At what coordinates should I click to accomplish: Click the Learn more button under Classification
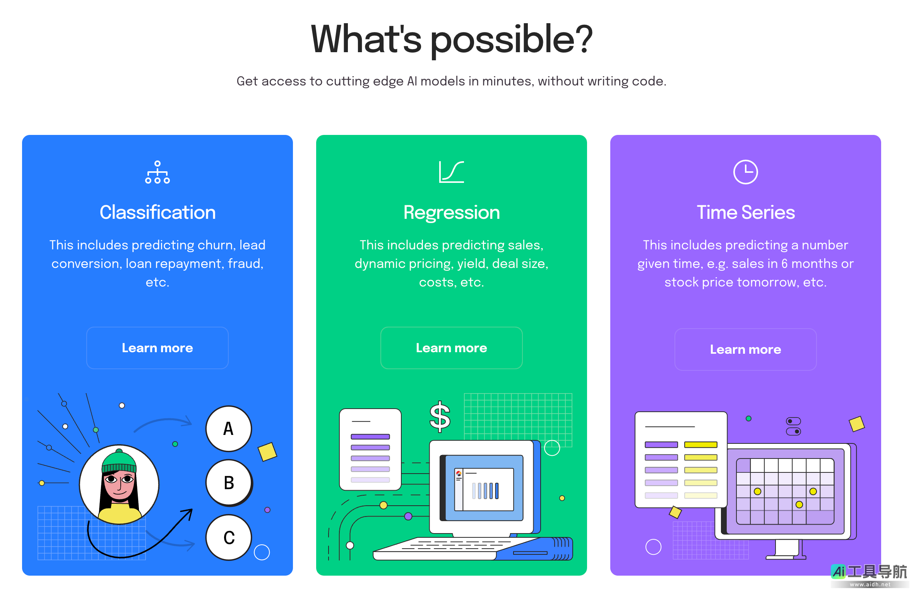[x=157, y=348]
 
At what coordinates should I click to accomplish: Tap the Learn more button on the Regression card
[x=451, y=348]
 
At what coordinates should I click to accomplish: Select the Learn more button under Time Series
[x=745, y=349]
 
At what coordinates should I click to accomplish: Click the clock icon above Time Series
[x=745, y=172]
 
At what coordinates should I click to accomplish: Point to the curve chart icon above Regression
[x=451, y=172]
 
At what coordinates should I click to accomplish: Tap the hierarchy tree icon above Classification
[x=157, y=172]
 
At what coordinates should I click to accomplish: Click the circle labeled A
[x=229, y=429]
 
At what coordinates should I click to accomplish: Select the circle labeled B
[x=229, y=483]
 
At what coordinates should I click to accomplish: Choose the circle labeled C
[x=229, y=537]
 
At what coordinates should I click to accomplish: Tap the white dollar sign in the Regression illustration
[x=440, y=417]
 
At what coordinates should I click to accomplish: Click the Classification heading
[x=157, y=212]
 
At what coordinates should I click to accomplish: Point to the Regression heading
[x=452, y=213]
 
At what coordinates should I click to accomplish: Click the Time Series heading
[x=746, y=212]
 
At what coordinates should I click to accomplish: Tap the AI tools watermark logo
[x=869, y=575]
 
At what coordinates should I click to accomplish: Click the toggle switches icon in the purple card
[x=793, y=426]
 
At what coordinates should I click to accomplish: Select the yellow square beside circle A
[x=267, y=452]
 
